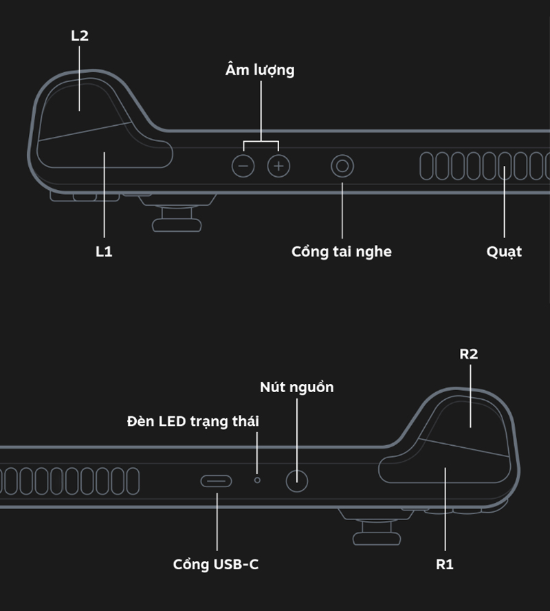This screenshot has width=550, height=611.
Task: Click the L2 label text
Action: click(80, 36)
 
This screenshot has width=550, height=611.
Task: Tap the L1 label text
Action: click(104, 252)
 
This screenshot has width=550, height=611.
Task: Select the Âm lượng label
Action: click(260, 70)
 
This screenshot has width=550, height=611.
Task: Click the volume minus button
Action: click(243, 166)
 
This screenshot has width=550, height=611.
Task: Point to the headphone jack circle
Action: click(342, 166)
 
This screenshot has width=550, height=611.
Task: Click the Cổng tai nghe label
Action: click(342, 252)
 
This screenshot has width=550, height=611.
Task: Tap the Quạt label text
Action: click(504, 252)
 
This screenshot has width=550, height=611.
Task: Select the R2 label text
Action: click(468, 354)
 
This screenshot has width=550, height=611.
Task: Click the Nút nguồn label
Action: click(297, 387)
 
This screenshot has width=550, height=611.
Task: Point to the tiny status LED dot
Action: click(258, 479)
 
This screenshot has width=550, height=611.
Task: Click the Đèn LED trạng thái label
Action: click(193, 421)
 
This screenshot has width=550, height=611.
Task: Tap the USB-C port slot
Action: click(216, 480)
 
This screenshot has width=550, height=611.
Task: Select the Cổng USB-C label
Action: click(216, 565)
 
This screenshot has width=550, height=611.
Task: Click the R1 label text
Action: click(445, 565)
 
